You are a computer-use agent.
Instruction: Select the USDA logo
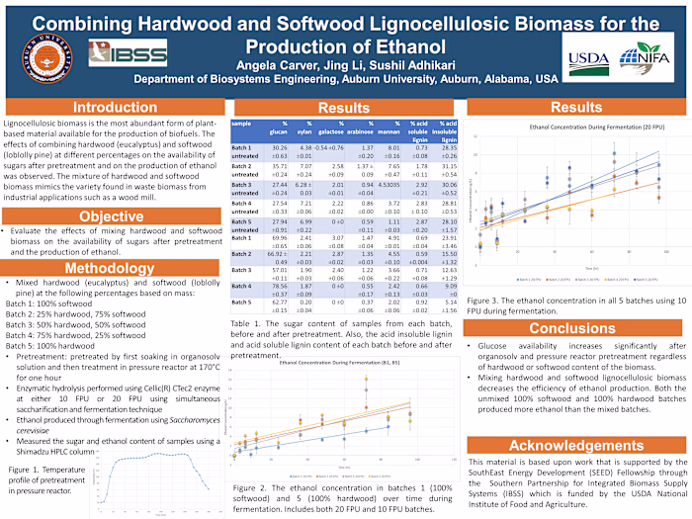pos(589,55)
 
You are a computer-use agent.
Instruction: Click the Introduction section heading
pos(115,107)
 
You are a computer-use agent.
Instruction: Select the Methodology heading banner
pos(115,268)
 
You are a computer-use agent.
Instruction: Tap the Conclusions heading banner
pos(572,328)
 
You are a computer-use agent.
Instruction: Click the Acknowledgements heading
pos(572,445)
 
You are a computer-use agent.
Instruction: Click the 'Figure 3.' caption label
pos(489,301)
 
